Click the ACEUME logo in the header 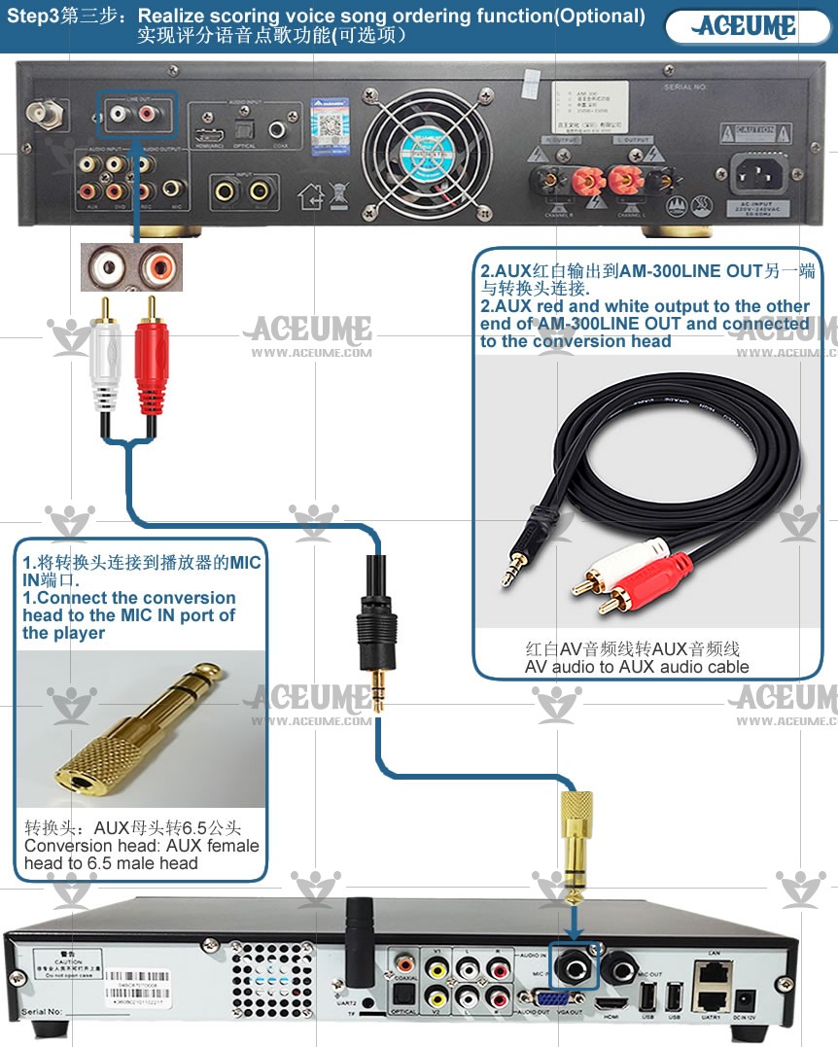click(x=747, y=26)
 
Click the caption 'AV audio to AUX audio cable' click(x=637, y=667)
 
